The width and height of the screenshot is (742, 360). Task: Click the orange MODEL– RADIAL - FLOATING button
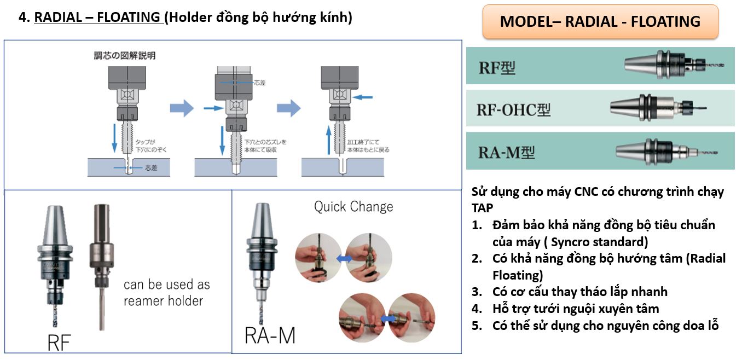tap(600, 21)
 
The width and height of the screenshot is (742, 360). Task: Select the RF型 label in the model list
tap(497, 68)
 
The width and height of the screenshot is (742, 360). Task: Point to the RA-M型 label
tap(506, 152)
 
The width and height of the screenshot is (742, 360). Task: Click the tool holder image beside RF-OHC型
tap(657, 107)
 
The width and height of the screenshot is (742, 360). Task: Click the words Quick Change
tap(353, 207)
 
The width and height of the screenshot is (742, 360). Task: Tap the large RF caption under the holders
tap(60, 343)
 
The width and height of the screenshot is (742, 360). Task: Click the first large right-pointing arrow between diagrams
tap(181, 108)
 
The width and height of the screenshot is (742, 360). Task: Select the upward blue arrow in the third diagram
tap(329, 141)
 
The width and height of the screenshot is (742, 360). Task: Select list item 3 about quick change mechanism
tap(579, 292)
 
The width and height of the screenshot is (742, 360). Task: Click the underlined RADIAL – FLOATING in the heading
tap(97, 18)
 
